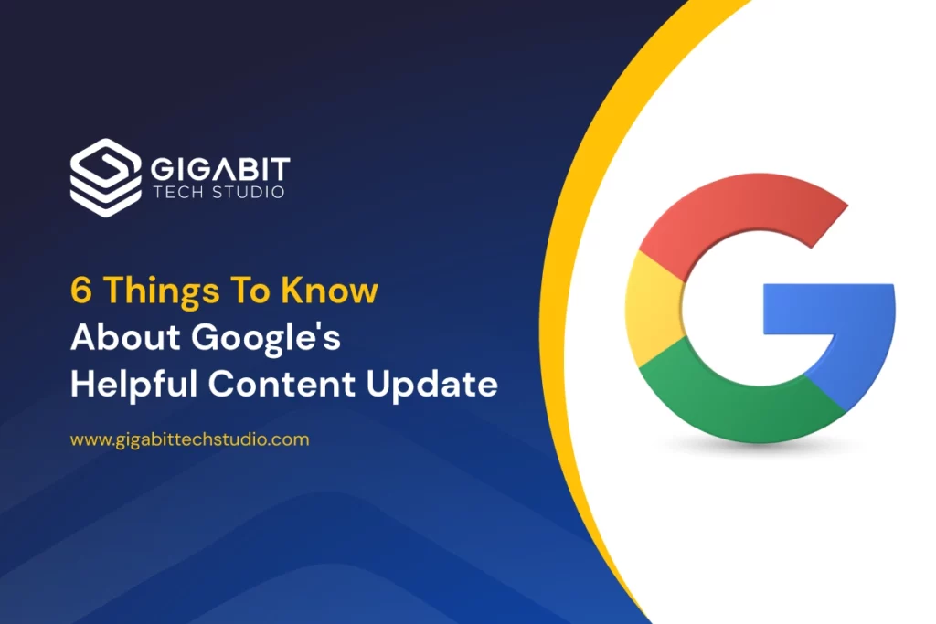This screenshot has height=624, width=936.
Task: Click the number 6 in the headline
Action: pos(80,291)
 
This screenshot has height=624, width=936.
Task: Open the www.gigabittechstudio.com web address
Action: pos(190,439)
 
